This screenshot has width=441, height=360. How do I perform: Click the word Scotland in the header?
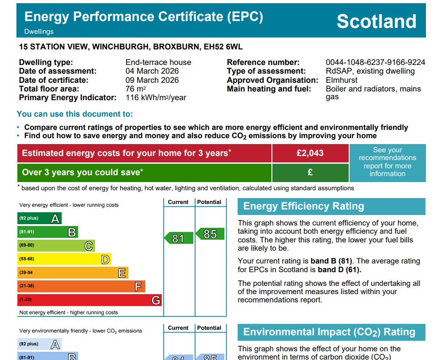point(377,21)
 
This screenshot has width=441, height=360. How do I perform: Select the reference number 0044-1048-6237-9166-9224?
point(375,63)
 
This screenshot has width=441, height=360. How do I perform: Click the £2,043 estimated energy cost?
point(310,153)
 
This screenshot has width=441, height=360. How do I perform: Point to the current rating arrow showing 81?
point(177,238)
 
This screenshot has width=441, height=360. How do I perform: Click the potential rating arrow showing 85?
point(210,234)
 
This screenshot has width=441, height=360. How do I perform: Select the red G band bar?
point(89,300)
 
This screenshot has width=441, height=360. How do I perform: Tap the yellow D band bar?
point(64,259)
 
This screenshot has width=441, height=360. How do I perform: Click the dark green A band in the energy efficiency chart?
point(39,219)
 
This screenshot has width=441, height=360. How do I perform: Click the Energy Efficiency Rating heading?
point(303,206)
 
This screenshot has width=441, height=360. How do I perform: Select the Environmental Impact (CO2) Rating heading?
point(329,332)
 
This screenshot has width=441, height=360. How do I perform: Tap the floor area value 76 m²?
point(136,89)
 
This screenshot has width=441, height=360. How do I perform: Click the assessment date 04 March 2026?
point(152,71)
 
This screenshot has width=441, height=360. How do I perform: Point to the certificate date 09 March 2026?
point(152,80)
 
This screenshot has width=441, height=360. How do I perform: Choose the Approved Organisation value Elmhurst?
point(342,80)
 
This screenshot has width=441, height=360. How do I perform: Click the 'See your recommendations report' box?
point(387,162)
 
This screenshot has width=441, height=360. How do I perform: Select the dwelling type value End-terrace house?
point(158,63)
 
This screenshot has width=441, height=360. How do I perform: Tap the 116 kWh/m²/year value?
point(156,98)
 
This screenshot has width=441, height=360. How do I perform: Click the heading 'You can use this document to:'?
point(75,114)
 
